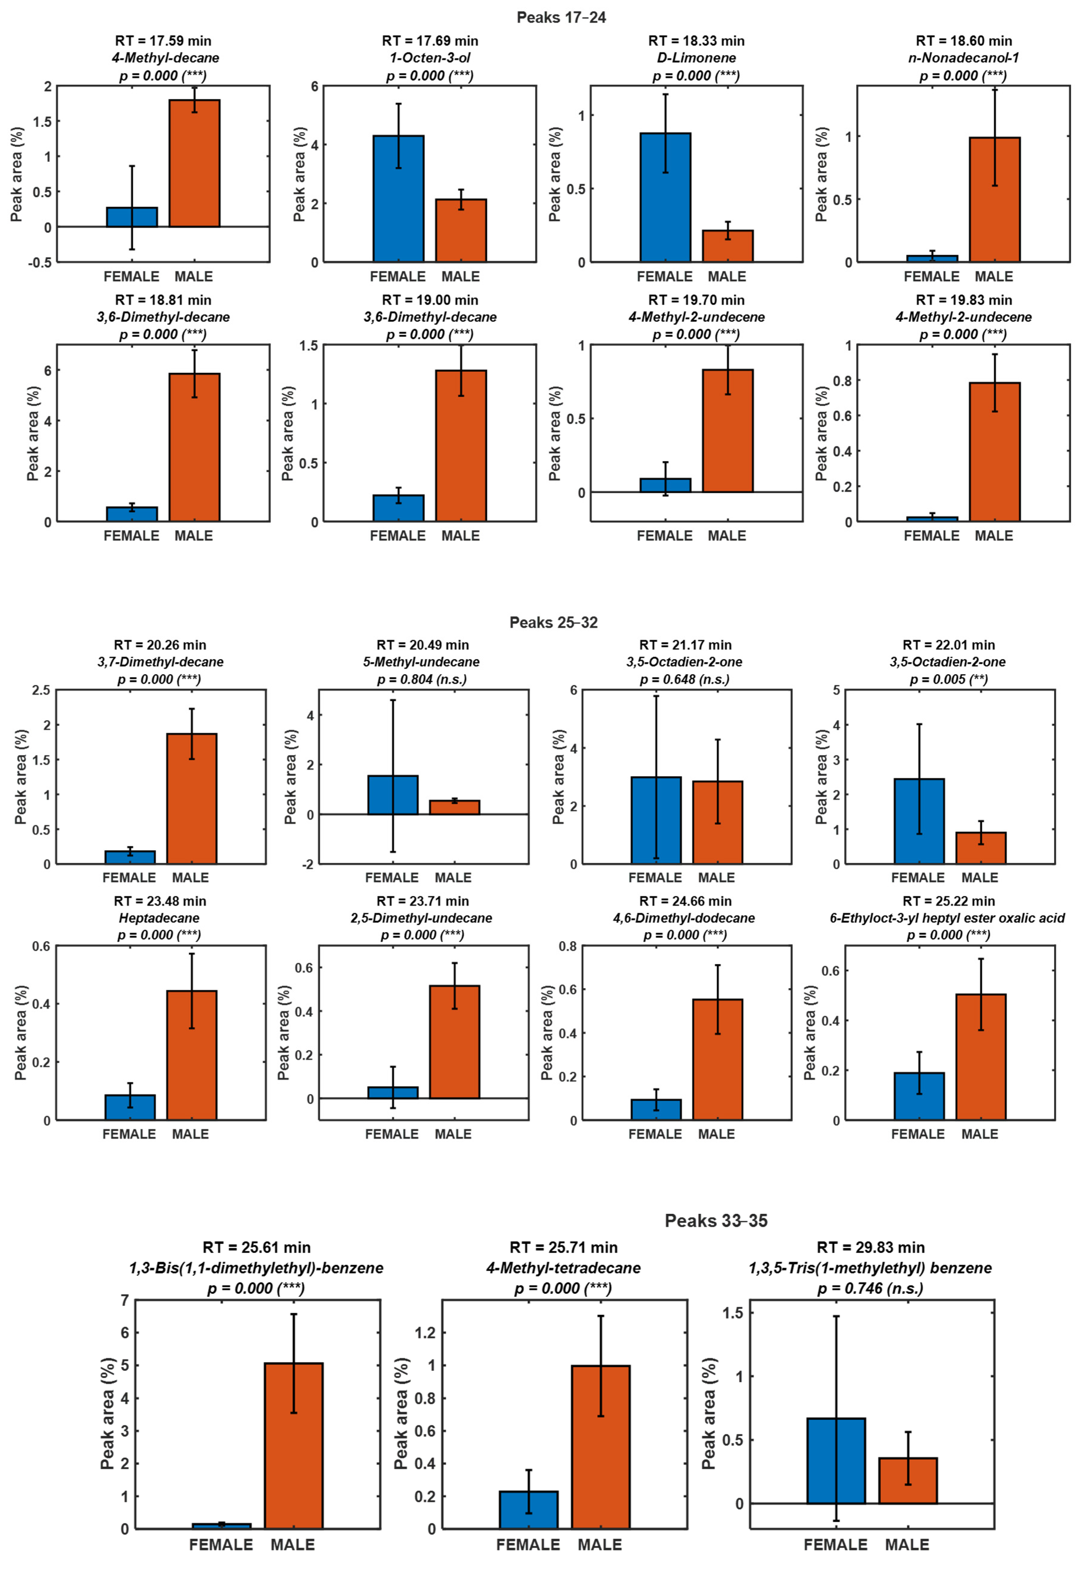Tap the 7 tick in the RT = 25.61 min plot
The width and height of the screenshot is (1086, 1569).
124,1300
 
